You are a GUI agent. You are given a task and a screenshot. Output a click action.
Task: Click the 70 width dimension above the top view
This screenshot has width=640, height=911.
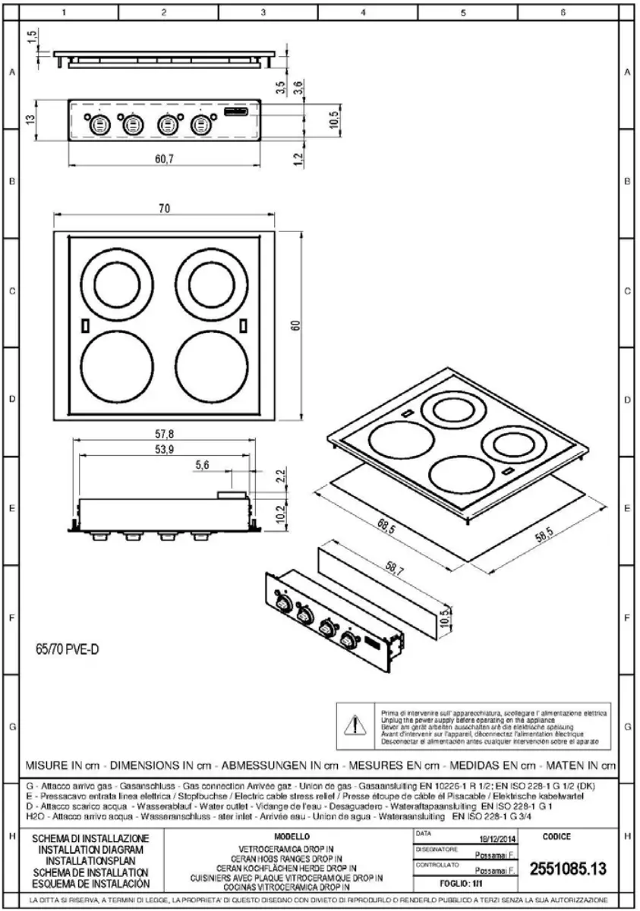click(x=165, y=210)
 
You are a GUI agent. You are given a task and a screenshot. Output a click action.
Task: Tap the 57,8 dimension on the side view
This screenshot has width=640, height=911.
click(x=165, y=434)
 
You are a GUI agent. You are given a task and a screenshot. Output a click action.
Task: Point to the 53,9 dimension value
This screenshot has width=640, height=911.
click(x=165, y=450)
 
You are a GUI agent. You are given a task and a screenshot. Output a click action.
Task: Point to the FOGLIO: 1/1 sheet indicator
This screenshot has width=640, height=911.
click(x=465, y=884)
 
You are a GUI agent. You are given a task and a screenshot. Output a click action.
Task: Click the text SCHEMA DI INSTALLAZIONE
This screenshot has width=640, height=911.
click(x=94, y=838)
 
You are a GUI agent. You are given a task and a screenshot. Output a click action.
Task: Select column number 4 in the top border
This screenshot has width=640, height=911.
click(x=363, y=13)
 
